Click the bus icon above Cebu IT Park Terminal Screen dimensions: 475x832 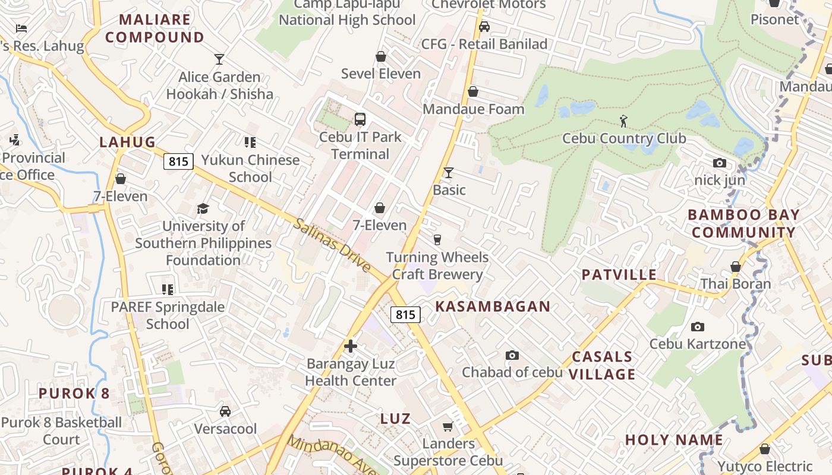pos(360,119)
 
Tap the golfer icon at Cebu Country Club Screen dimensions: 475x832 pos(623,121)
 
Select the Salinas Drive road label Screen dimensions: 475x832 pos(332,245)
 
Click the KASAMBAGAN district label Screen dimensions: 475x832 pos(493,306)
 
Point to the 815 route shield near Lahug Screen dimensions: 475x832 pos(179,161)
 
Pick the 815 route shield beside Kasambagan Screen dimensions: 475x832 pos(405,315)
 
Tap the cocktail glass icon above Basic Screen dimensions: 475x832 pos(449,173)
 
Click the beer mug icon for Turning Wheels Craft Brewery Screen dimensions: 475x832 pos(437,240)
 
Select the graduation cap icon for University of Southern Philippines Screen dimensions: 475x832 pos(203,208)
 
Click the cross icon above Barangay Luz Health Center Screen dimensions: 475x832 pos(351,346)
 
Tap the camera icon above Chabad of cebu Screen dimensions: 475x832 pos(512,355)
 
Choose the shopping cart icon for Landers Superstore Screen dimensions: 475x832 pos(448,426)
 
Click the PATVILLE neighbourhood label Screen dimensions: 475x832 pos(619,274)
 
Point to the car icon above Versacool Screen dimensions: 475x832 pos(225,411)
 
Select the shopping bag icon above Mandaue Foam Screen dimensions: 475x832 pos(473,91)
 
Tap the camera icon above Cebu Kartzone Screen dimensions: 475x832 pos(698,327)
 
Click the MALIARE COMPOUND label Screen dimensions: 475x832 pos(155,28)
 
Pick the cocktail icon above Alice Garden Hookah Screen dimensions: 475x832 pos(219,59)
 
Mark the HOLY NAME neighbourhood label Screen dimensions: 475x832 pos(674,440)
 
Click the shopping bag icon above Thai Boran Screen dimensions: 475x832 pos(736,267)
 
